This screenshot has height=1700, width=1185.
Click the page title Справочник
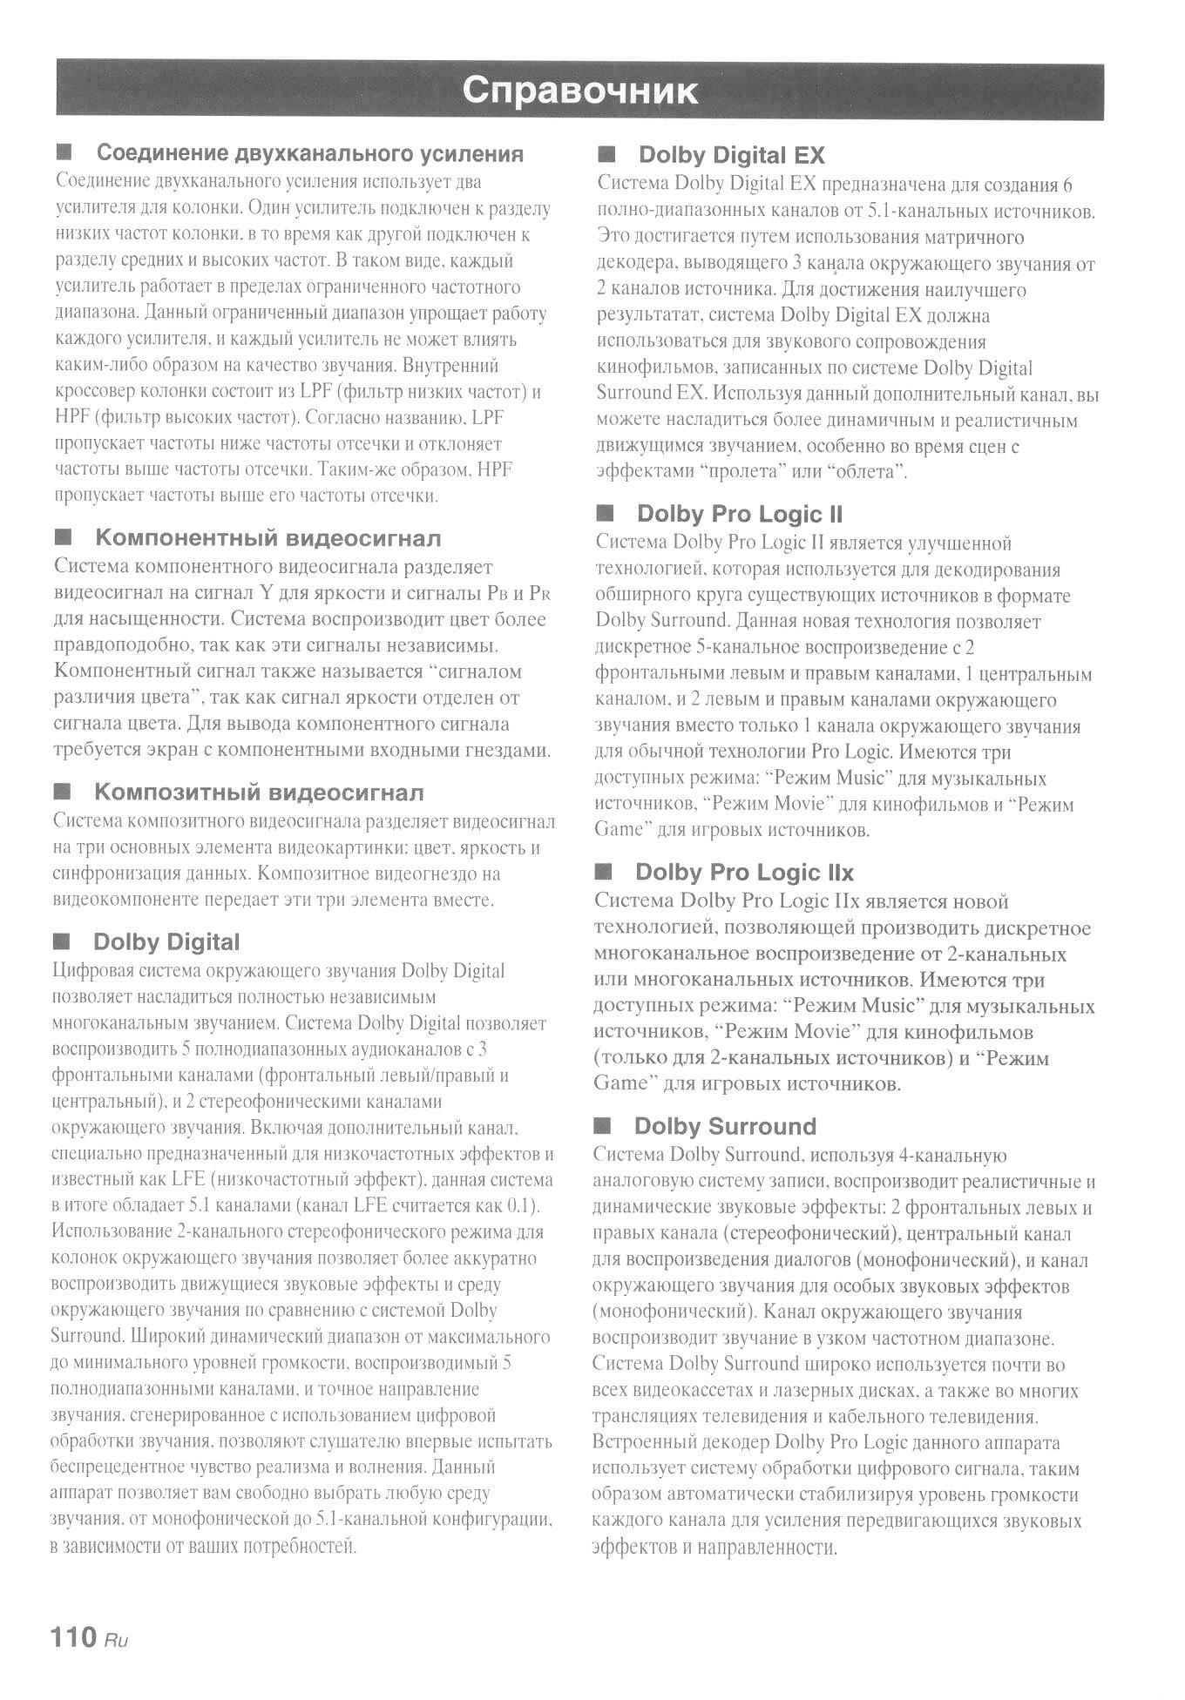(x=579, y=91)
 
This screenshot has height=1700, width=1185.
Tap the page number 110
(x=74, y=1637)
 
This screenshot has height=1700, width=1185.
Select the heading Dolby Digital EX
(x=731, y=155)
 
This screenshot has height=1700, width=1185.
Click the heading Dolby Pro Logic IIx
(x=744, y=873)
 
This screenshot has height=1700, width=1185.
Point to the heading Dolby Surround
(x=725, y=1126)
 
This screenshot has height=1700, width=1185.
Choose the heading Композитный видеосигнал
(x=259, y=793)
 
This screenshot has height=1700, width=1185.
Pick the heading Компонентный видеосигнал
(x=268, y=538)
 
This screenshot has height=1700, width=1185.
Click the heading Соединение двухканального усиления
(x=310, y=153)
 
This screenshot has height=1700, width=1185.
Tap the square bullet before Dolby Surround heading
(x=602, y=1125)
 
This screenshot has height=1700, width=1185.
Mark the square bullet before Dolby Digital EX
(x=606, y=154)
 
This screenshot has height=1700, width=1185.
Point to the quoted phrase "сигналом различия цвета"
(x=288, y=685)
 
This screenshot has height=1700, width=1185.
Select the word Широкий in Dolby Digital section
(x=164, y=1337)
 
